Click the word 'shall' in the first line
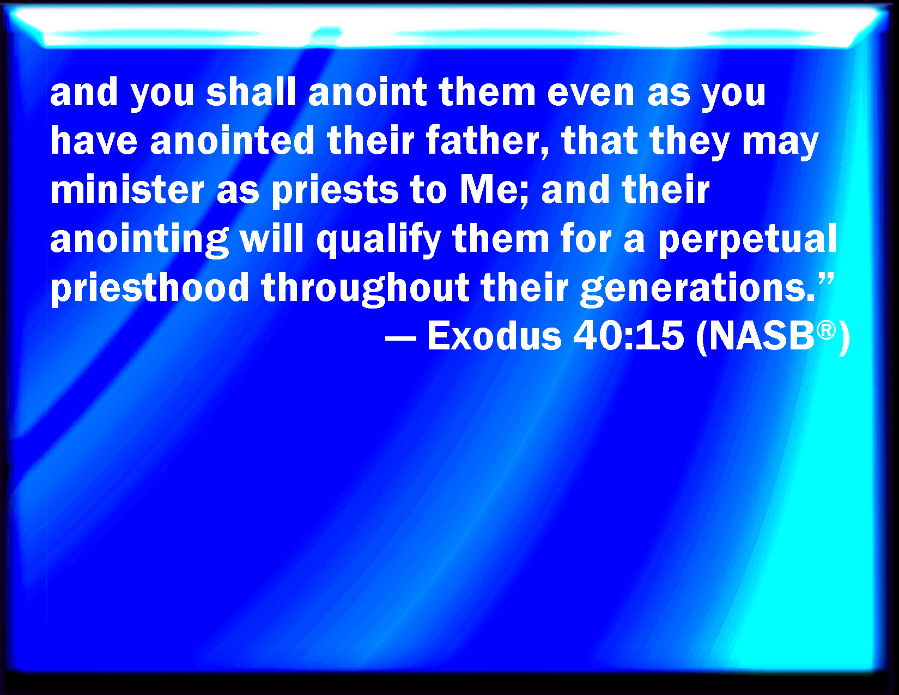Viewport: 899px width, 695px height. [251, 92]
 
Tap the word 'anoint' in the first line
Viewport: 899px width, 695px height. [368, 92]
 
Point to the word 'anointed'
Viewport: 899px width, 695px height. [233, 140]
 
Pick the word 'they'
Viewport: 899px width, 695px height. [689, 143]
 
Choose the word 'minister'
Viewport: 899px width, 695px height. [127, 189]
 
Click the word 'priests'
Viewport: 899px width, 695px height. [336, 192]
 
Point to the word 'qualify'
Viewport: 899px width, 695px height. [379, 240]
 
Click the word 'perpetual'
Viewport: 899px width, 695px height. [748, 240]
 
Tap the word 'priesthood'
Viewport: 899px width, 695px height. [150, 288]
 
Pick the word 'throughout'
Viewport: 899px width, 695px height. [365, 289]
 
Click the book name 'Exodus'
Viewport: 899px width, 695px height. [494, 336]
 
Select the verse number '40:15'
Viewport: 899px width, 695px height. [628, 336]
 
